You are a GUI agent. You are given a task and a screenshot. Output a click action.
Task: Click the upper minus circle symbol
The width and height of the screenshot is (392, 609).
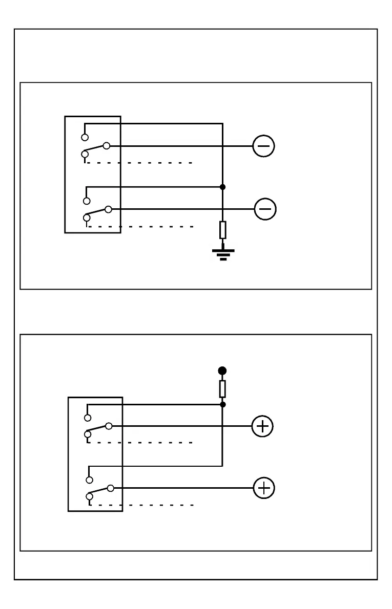(264, 146)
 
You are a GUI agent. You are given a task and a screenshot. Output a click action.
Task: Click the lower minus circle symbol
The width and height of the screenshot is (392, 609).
(265, 209)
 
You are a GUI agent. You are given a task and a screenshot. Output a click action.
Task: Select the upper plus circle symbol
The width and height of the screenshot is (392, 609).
(263, 426)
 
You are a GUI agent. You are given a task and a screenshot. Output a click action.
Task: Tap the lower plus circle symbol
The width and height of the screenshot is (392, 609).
(264, 488)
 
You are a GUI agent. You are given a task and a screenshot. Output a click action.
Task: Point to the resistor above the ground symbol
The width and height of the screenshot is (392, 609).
(222, 230)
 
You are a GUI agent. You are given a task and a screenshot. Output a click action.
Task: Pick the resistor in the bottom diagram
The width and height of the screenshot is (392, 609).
(222, 389)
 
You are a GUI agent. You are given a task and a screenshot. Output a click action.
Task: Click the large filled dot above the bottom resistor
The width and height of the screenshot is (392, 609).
(222, 371)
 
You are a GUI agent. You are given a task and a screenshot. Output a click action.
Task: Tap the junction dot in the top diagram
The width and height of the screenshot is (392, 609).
(222, 187)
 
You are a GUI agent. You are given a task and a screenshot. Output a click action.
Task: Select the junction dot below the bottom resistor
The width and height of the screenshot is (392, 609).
(222, 404)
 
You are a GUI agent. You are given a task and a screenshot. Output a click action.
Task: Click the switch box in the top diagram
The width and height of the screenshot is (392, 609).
(93, 175)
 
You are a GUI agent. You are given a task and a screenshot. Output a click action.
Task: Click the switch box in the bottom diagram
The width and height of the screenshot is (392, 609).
(95, 453)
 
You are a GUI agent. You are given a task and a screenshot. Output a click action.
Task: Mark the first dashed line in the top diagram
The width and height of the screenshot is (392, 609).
(138, 163)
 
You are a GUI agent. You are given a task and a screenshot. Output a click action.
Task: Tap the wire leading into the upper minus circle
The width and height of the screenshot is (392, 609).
(179, 146)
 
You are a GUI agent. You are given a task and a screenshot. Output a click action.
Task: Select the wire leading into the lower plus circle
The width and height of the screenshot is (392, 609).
(182, 488)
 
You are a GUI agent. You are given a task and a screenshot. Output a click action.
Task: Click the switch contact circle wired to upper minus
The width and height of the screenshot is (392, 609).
(106, 146)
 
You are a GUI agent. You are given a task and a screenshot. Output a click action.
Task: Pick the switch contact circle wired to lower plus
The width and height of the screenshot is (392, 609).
(110, 488)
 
